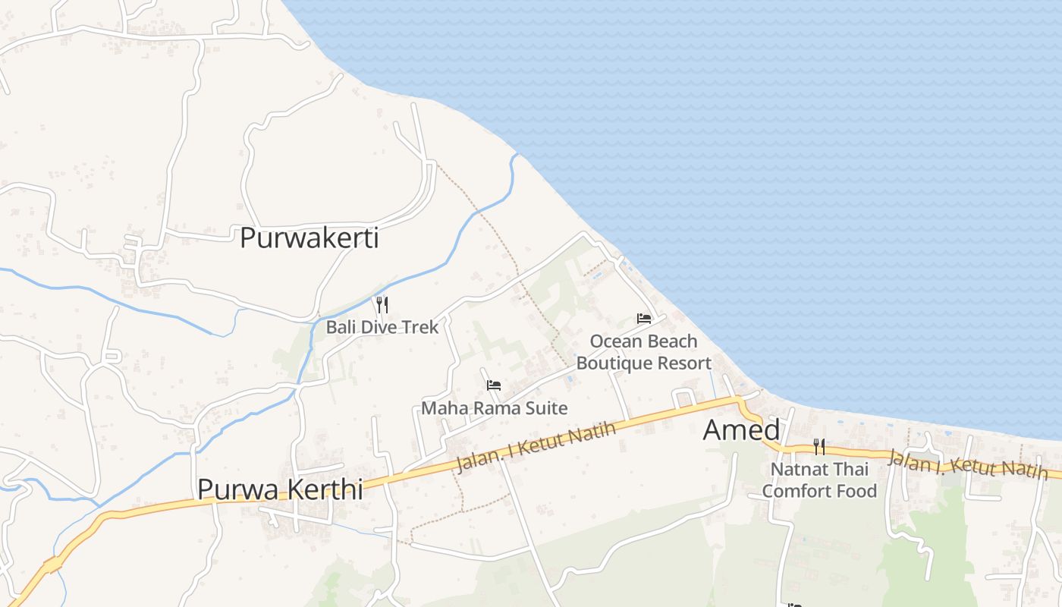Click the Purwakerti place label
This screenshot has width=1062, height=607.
309,238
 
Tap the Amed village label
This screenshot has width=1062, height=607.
741,430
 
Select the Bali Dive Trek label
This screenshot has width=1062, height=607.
382,327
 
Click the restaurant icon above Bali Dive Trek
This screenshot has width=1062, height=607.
382,305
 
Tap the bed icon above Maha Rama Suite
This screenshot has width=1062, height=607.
494,385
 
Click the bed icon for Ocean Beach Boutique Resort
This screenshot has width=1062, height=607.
644,319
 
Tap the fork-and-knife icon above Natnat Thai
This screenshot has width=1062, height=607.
819,446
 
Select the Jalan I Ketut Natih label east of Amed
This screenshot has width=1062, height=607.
966,464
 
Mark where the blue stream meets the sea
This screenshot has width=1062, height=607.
517,155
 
